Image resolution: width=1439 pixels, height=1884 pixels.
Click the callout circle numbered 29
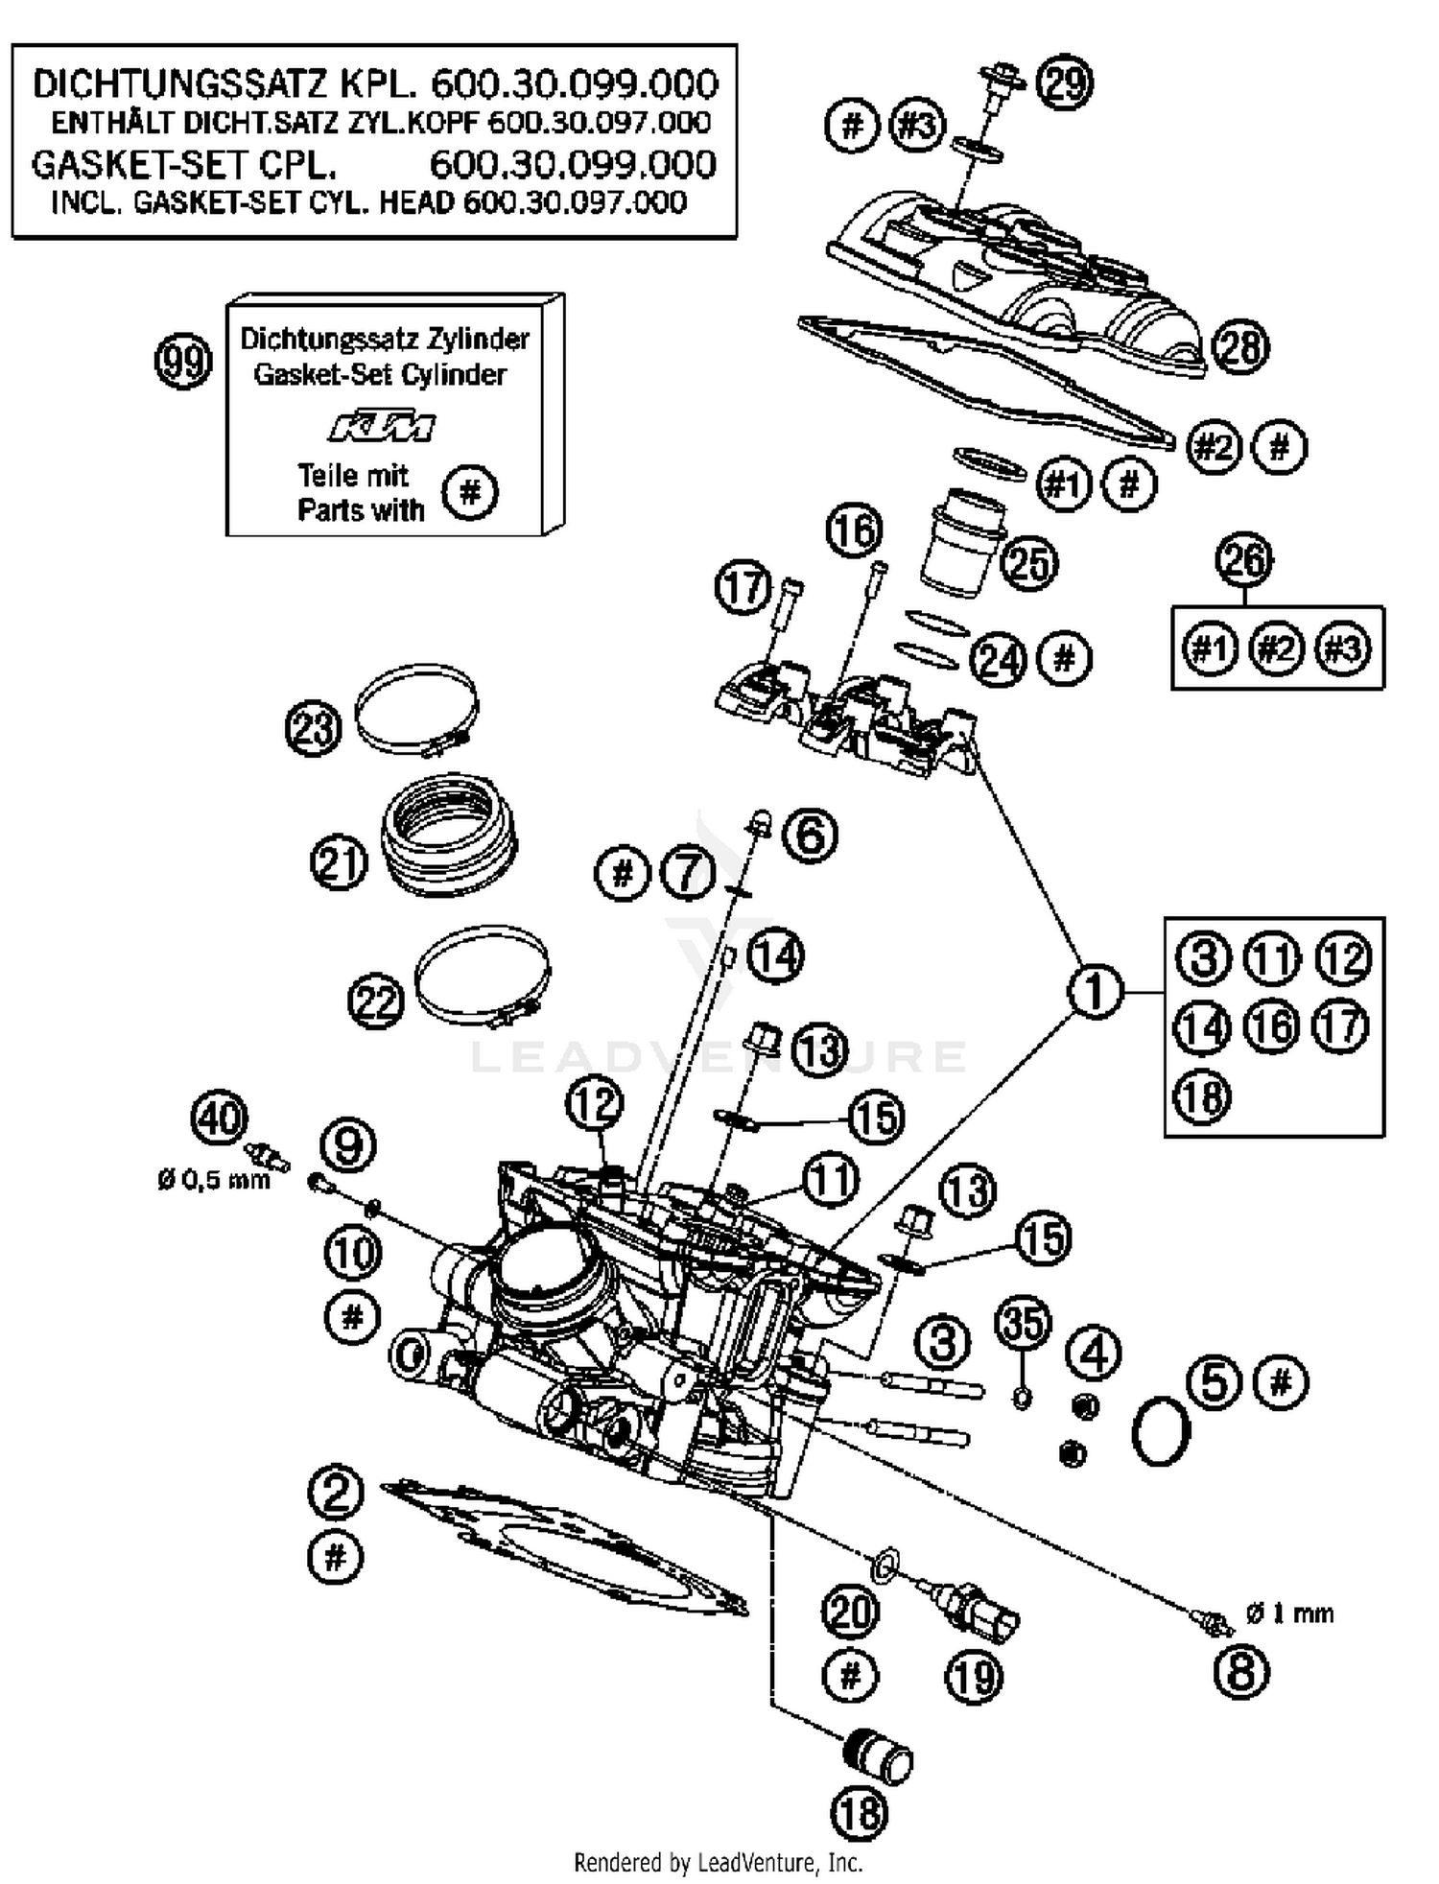(x=1066, y=83)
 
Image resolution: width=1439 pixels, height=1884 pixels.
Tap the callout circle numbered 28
(x=1238, y=347)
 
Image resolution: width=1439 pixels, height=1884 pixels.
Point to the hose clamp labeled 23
(x=416, y=711)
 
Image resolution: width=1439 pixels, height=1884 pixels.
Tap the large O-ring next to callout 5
(x=1161, y=1431)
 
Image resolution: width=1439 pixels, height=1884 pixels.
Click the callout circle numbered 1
(x=1096, y=991)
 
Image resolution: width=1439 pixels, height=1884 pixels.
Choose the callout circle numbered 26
(x=1244, y=561)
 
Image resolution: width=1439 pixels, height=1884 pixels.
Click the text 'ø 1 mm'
(x=1289, y=1613)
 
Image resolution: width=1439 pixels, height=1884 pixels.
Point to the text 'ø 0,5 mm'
(x=214, y=1179)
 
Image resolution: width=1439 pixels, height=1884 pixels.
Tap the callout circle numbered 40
(x=220, y=1119)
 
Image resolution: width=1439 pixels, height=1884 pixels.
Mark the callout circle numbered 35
(x=1023, y=1324)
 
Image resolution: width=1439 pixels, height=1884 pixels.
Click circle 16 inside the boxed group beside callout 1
(x=1271, y=1026)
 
